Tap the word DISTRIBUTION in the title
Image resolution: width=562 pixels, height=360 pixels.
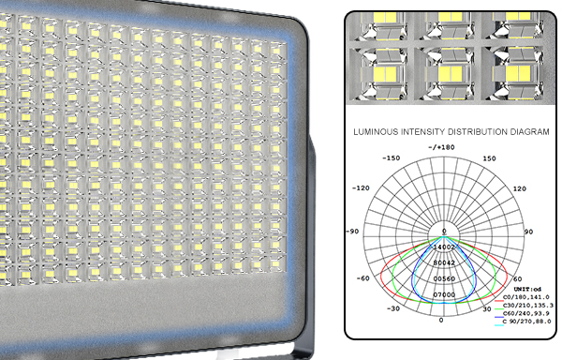click(466, 132)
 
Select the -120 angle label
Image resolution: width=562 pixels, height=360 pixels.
click(360, 187)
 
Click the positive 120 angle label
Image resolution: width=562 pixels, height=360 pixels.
click(522, 187)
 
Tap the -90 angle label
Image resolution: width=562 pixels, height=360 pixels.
click(353, 231)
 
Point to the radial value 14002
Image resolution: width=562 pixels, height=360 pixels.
click(444, 247)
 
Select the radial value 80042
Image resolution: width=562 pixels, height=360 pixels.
click(444, 263)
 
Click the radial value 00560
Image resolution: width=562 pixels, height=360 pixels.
click(444, 279)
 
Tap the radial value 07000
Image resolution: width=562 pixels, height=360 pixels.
click(444, 295)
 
